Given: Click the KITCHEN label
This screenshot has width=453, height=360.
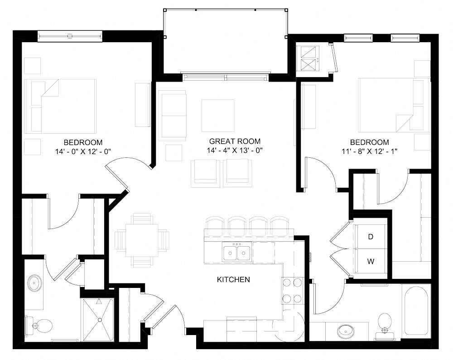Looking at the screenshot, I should click(233, 279).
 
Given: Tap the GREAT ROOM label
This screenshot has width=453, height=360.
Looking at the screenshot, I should click(235, 141).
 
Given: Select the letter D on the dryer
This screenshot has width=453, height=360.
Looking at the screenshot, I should click(371, 237).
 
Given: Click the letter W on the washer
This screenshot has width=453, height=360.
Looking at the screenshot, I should click(371, 262).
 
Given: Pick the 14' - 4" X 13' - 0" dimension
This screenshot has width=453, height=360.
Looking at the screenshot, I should click(235, 151).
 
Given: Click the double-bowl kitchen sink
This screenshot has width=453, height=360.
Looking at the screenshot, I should click(237, 253).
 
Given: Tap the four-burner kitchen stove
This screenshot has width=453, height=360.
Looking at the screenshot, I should click(292, 291).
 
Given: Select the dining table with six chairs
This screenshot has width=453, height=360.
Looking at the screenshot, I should click(142, 240).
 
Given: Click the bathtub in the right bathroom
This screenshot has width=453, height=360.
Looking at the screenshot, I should click(415, 312).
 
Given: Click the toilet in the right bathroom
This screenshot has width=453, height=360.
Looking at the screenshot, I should click(385, 323).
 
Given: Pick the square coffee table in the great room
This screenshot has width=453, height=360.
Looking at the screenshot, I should click(218, 115).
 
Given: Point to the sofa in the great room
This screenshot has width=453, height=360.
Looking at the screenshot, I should click(173, 116).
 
